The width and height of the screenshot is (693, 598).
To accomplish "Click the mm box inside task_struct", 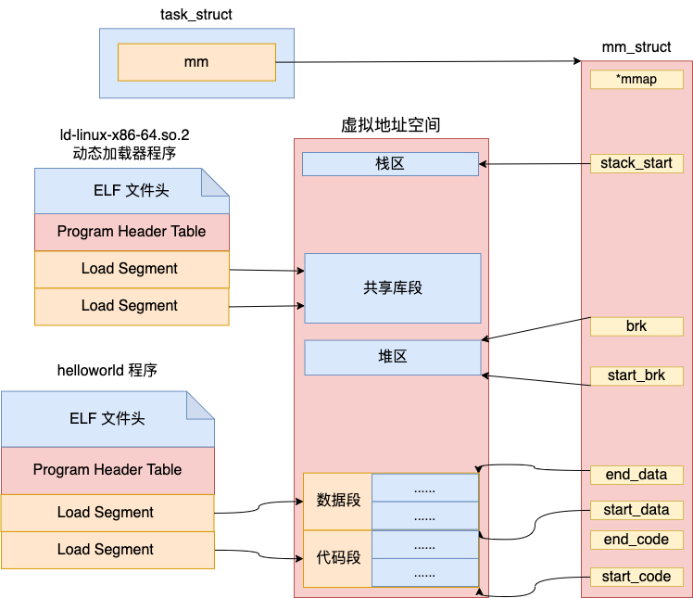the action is pos(196,62).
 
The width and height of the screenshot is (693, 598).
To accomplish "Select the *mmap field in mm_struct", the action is pos(636,80).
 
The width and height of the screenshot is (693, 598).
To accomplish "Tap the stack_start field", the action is pos(636,163).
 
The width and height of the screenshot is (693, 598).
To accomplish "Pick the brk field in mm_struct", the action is pos(636,326).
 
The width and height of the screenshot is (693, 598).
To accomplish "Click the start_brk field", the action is pos(636,375).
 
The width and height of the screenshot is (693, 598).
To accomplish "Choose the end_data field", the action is pos(636,475).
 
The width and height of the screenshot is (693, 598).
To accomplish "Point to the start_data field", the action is pos(636,510).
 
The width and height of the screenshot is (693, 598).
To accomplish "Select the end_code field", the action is pos(636,540).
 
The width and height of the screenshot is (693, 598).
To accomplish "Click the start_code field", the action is pos(636,577).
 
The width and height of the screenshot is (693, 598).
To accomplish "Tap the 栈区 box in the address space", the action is pos(390,164).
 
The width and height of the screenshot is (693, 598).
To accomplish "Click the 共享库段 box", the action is pos(393,288).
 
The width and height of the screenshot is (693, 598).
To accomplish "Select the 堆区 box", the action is pos(393,357).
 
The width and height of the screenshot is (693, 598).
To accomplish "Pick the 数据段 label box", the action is pos(337,502).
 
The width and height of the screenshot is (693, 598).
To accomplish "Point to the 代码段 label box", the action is pos(337,558).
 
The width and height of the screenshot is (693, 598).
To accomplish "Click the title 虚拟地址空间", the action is pos(391,125).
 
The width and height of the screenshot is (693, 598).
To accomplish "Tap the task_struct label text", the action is pos(196,15).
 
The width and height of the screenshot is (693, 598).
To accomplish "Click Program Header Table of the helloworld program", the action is pos(107,470).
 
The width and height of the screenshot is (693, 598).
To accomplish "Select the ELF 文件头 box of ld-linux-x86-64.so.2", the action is pos(132,191).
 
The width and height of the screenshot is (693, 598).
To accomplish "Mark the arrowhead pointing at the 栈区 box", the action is pos(483,164).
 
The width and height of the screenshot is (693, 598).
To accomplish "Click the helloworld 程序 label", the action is pos(107,370).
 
